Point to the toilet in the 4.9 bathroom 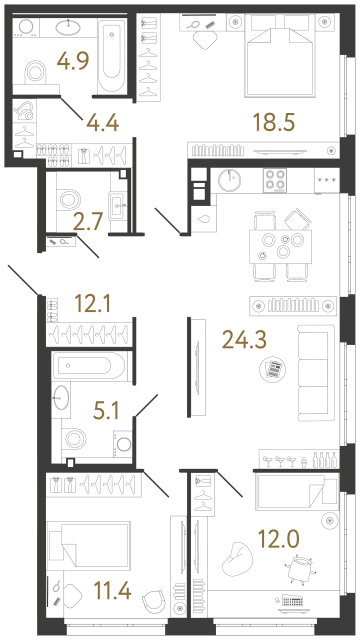click(x=34, y=72)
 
